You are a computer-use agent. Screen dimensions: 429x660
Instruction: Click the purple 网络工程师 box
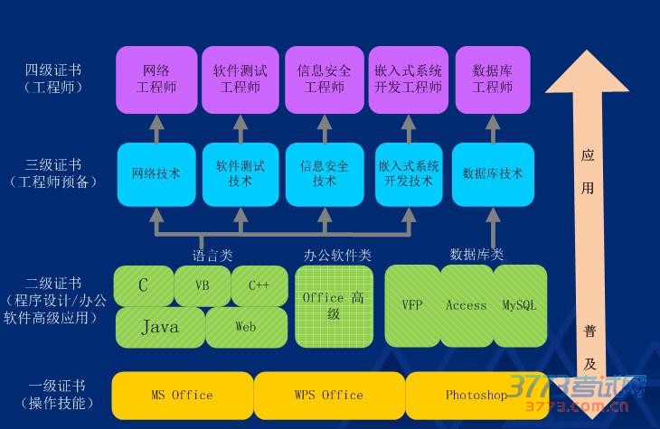(x=156, y=79)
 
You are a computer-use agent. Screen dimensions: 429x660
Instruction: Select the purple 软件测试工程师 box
(x=240, y=79)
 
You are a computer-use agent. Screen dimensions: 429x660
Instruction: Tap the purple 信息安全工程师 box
(x=324, y=79)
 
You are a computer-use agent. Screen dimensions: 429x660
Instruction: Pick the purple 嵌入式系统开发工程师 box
(x=408, y=79)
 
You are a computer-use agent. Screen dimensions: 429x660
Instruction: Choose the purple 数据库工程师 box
(x=493, y=79)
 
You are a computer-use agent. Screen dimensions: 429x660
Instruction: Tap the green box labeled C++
(x=259, y=285)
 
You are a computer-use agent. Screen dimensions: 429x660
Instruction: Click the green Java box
(x=159, y=327)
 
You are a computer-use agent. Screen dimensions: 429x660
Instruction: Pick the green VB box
(x=202, y=285)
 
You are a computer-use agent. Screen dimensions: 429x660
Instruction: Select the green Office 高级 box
(x=334, y=305)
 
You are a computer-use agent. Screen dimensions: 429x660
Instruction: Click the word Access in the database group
(x=467, y=305)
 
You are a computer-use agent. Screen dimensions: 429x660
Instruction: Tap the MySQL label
(x=520, y=305)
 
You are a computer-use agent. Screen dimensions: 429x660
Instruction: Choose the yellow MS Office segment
(x=182, y=395)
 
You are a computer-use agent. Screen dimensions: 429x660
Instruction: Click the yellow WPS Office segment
(x=329, y=395)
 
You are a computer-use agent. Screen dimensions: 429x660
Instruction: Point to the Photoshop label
(x=476, y=395)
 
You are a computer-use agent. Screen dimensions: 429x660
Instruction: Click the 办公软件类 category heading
(x=337, y=256)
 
